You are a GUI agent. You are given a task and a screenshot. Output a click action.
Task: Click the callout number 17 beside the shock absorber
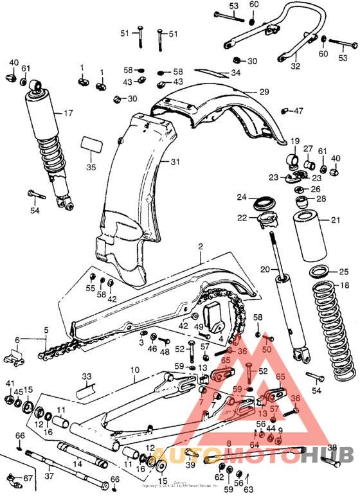click(x=67, y=114)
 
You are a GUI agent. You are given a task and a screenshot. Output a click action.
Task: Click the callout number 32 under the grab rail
click(x=295, y=66)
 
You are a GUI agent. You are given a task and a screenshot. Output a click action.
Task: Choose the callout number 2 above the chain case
click(x=200, y=247)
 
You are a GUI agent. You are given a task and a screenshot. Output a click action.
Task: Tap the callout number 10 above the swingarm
click(x=135, y=371)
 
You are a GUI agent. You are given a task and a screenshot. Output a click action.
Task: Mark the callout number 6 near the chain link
click(x=18, y=340)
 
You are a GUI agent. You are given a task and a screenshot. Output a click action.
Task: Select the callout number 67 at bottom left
click(x=28, y=479)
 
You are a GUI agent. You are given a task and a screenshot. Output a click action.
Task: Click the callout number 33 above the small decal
click(x=87, y=376)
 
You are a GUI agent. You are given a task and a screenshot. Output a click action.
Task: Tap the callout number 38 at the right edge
click(x=332, y=448)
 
